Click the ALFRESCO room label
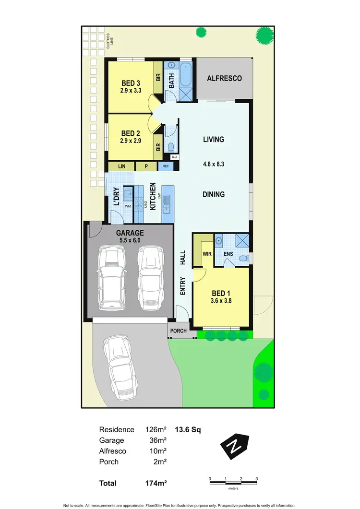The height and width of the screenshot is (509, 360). [224, 78]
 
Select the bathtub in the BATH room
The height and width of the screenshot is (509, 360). [186, 75]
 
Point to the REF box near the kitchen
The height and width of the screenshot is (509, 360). [166, 166]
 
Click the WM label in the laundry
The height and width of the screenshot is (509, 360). [128, 206]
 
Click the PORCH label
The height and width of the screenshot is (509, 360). [179, 331]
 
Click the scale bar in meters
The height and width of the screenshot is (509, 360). [233, 480]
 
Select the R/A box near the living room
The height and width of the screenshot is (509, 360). [174, 157]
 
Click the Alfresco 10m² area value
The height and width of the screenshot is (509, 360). [159, 451]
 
